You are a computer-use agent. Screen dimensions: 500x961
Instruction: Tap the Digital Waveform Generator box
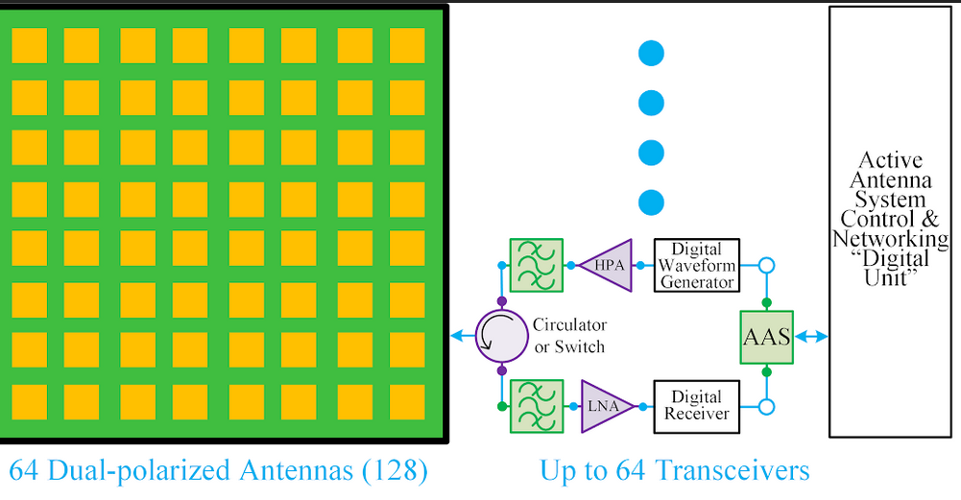[697, 265]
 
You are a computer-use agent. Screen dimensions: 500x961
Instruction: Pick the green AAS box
[766, 336]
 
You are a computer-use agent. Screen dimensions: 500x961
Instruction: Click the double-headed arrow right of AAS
[812, 336]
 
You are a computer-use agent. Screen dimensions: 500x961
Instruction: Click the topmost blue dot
[651, 53]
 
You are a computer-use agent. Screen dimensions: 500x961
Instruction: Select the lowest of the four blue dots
[651, 202]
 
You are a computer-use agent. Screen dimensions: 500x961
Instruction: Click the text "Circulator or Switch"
[569, 335]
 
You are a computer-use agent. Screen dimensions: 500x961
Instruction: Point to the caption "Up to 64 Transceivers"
[674, 471]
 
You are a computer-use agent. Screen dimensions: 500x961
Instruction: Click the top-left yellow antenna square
[29, 46]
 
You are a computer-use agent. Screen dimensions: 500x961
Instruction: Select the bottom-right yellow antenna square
[407, 402]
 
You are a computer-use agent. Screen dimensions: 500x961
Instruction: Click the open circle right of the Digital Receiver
[766, 407]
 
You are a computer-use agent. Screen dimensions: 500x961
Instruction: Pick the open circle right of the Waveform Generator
[766, 265]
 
